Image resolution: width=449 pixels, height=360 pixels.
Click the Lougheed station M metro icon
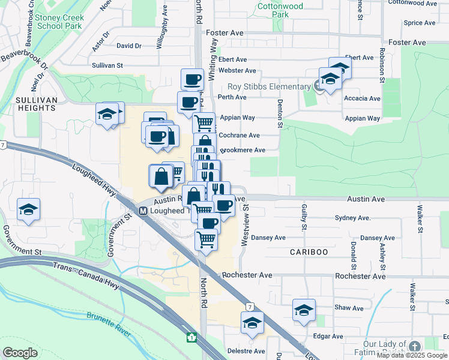pyautogui.click(x=143, y=211)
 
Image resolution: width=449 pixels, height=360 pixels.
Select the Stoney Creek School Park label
pyautogui.click(x=59, y=22)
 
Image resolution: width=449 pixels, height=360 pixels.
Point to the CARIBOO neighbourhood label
pyautogui.click(x=309, y=252)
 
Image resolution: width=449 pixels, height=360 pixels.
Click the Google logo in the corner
pyautogui.click(x=20, y=353)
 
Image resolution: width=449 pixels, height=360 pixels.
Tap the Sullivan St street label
pyautogui.click(x=107, y=65)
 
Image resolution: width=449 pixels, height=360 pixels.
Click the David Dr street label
pyautogui.click(x=129, y=46)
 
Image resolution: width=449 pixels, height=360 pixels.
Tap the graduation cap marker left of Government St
pyautogui.click(x=29, y=209)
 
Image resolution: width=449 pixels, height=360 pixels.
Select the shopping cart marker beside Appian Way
pyautogui.click(x=204, y=122)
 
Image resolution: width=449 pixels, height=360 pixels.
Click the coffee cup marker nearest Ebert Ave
pyautogui.click(x=193, y=79)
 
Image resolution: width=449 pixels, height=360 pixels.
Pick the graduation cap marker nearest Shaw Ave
pyautogui.click(x=304, y=310)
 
